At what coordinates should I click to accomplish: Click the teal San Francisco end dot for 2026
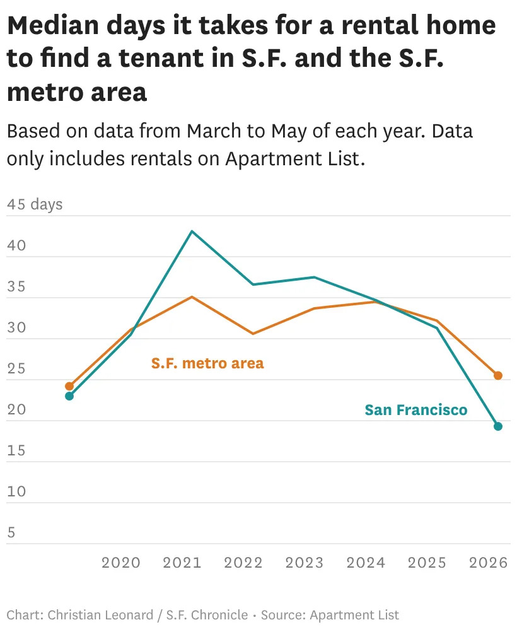pyautogui.click(x=498, y=426)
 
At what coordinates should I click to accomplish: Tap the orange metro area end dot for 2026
pyautogui.click(x=498, y=375)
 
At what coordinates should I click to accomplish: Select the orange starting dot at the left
pyautogui.click(x=69, y=386)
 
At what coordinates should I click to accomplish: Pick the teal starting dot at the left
pyautogui.click(x=69, y=396)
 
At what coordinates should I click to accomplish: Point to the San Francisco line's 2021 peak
pyautogui.click(x=192, y=231)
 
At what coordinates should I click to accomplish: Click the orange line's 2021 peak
pyautogui.click(x=192, y=297)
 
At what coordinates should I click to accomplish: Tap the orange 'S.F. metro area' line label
pyautogui.click(x=207, y=363)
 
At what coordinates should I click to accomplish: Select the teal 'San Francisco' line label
pyautogui.click(x=416, y=410)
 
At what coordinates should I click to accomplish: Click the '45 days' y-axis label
pyautogui.click(x=35, y=204)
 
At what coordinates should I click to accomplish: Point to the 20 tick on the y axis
pyautogui.click(x=16, y=409)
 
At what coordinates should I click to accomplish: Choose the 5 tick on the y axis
pyautogui.click(x=11, y=532)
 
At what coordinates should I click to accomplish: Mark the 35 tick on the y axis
pyautogui.click(x=16, y=286)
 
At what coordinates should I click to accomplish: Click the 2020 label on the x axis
pyautogui.click(x=121, y=563)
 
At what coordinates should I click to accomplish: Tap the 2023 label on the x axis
pyautogui.click(x=305, y=563)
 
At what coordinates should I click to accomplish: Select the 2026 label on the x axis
pyautogui.click(x=488, y=563)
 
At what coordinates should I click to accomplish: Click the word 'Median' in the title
pyautogui.click(x=53, y=25)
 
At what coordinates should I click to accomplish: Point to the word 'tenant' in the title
pyautogui.click(x=162, y=58)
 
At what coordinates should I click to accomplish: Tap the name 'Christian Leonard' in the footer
pyautogui.click(x=100, y=615)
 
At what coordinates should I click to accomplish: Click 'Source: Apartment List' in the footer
pyautogui.click(x=330, y=615)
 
